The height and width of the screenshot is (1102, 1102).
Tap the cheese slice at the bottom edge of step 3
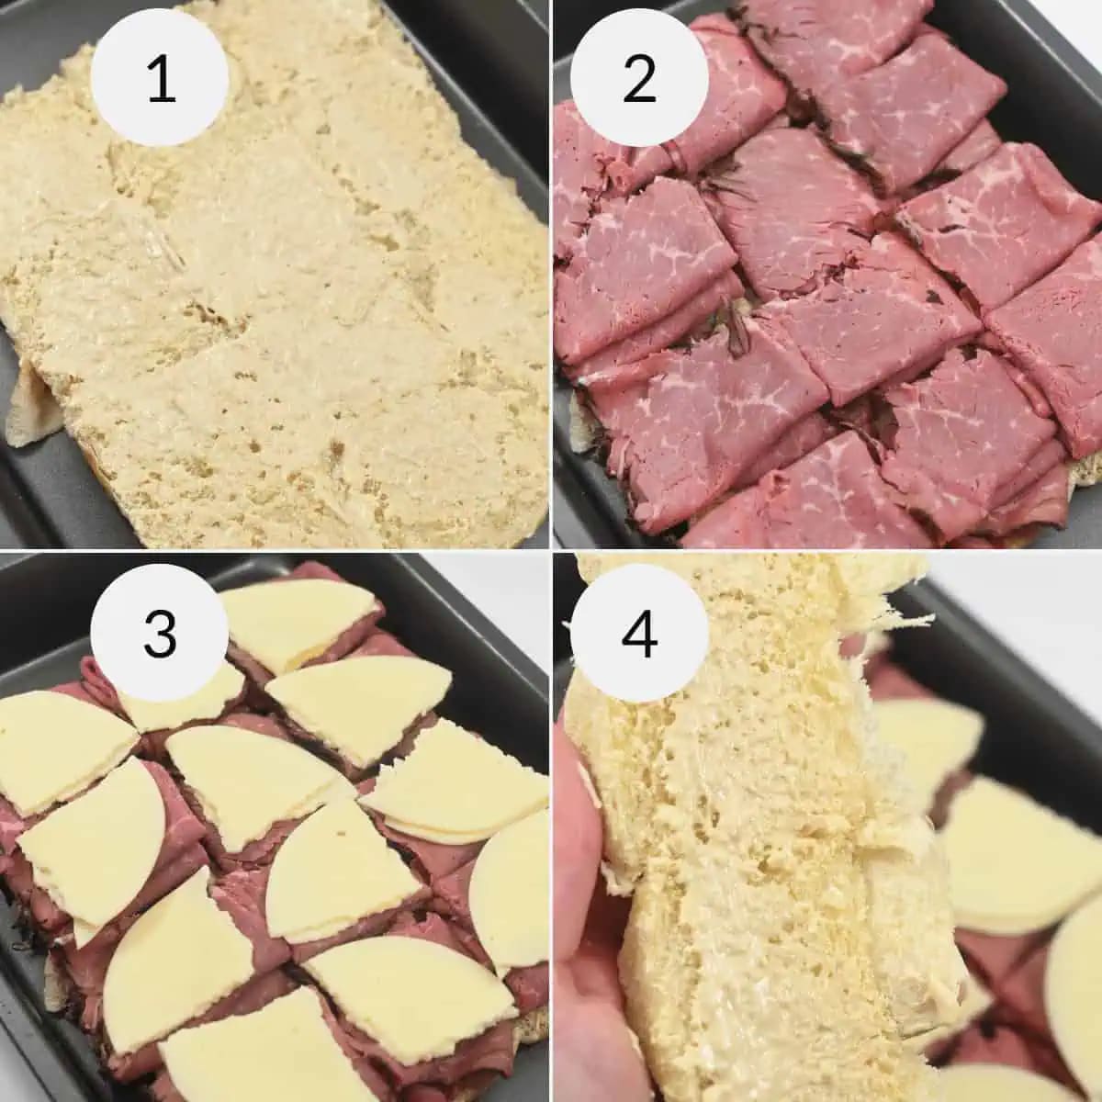[248, 1047]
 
